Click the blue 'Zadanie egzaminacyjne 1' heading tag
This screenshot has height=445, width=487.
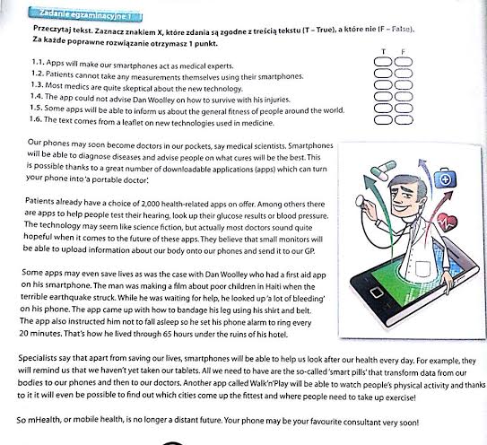point(85,14)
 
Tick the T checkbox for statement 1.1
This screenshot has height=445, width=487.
point(383,62)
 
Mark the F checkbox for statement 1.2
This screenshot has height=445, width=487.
point(404,74)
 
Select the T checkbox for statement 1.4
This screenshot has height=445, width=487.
point(383,97)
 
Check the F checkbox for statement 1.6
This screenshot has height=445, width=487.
point(404,120)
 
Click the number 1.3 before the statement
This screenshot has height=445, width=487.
point(37,85)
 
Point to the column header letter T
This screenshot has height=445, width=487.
point(384,51)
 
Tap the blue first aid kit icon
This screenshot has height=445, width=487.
point(445,179)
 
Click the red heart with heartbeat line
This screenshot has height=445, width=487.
point(447,222)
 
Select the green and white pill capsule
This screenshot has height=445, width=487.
point(383,170)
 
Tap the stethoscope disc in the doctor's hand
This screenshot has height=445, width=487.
point(361,200)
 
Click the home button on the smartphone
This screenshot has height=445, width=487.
point(376,292)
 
